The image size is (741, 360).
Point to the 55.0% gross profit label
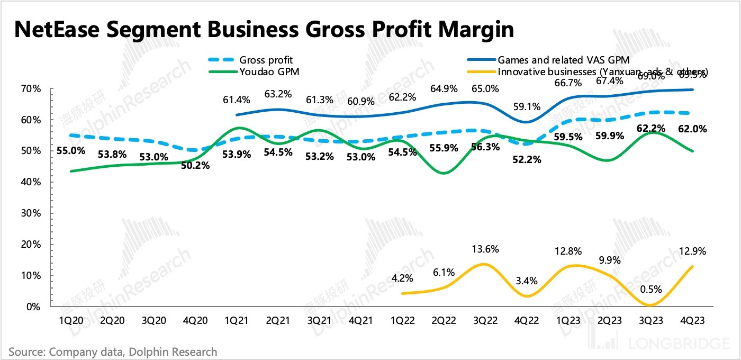pyautogui.click(x=70, y=150)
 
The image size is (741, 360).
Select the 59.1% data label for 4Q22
pyautogui.click(x=527, y=106)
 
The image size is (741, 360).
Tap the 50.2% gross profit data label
pyautogui.click(x=195, y=165)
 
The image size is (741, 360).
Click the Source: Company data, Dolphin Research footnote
pyautogui.click(x=113, y=351)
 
